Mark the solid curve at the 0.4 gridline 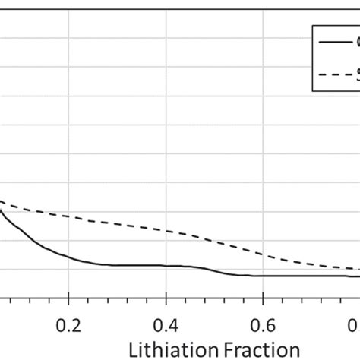coord(166,265)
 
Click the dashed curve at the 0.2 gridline coord(68,216)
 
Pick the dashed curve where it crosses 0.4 coord(166,229)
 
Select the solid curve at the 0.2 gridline coord(68,256)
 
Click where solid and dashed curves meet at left coord(2,202)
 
